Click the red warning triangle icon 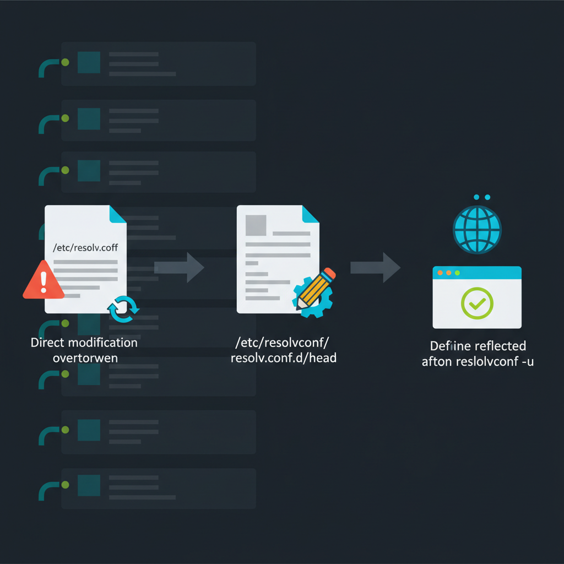point(43,281)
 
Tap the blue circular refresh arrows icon point(123,308)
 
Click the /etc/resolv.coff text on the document point(85,247)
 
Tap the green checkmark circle point(477,303)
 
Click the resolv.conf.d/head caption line point(284,357)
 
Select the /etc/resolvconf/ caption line point(282,343)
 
